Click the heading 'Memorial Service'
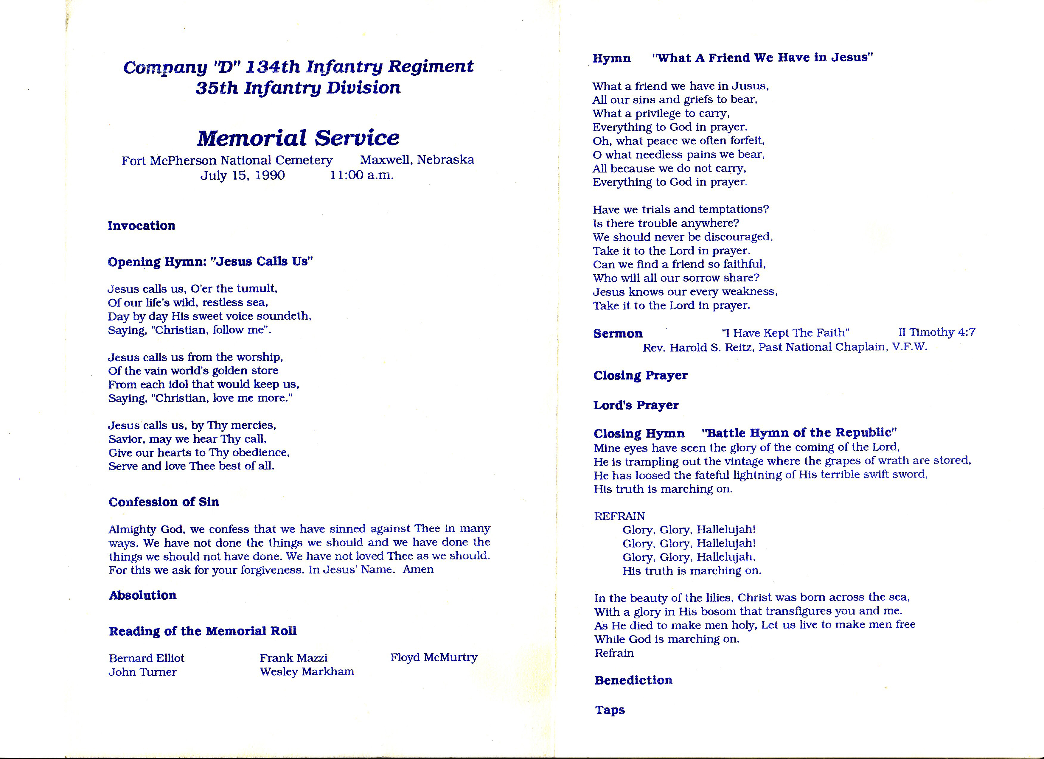[x=298, y=138]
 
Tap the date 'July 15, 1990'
[x=243, y=175]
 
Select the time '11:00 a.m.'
[x=362, y=175]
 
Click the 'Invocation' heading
[x=141, y=225]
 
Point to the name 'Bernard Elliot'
[x=146, y=658]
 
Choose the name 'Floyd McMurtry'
[x=434, y=657]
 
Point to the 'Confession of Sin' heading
[x=164, y=502]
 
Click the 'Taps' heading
[x=610, y=710]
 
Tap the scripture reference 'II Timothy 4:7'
[x=937, y=332]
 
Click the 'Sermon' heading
[x=618, y=333]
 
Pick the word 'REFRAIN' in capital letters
[x=620, y=516]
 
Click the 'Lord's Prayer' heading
[x=636, y=405]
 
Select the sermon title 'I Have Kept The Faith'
[x=785, y=333]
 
